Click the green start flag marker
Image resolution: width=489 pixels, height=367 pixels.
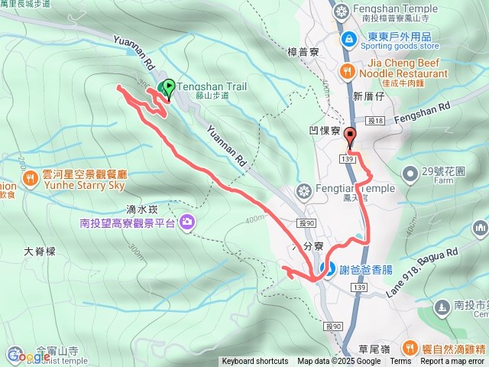tap(168, 88)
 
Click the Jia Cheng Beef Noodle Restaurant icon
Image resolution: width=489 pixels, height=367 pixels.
tap(347, 71)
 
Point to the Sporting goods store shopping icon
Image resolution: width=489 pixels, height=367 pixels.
tap(348, 37)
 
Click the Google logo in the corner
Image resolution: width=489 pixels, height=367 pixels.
tap(29, 356)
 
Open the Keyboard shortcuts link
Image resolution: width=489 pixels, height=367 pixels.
tap(255, 362)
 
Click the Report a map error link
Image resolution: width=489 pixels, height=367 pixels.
tap(453, 362)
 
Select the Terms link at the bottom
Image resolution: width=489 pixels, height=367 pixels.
tap(400, 362)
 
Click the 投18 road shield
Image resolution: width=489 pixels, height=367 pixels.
tap(374, 121)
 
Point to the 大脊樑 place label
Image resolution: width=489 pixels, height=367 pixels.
tap(40, 250)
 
